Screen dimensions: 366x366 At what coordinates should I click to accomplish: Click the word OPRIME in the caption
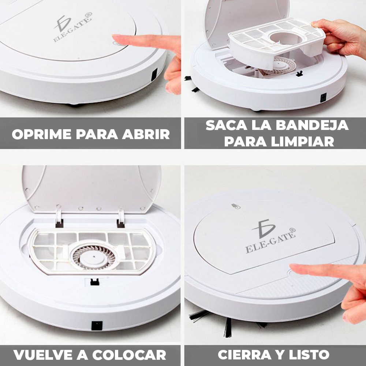coord(42,134)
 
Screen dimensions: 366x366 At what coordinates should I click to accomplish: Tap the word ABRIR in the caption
coord(146,134)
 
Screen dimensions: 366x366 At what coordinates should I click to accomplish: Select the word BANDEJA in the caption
coord(312,125)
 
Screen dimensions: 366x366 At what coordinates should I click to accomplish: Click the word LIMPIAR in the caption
coord(303,141)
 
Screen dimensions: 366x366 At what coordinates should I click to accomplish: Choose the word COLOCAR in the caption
coord(129,355)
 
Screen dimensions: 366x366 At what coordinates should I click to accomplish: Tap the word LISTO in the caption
coord(309,355)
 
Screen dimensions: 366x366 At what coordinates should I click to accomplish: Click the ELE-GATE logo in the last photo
coord(270,236)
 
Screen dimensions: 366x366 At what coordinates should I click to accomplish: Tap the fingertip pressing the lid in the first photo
coord(116,37)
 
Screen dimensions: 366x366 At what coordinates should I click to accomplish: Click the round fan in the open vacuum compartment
coord(94,257)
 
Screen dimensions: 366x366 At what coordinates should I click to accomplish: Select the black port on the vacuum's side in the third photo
coord(97,325)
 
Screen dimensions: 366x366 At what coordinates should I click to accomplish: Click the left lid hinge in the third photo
coord(59,219)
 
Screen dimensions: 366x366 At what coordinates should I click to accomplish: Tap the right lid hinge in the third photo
coord(121,219)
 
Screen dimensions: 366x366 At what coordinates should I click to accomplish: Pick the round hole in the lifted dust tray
coord(285,38)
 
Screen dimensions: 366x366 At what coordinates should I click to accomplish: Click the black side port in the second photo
coord(323,98)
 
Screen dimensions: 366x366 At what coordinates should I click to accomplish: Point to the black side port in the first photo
coord(154,75)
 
